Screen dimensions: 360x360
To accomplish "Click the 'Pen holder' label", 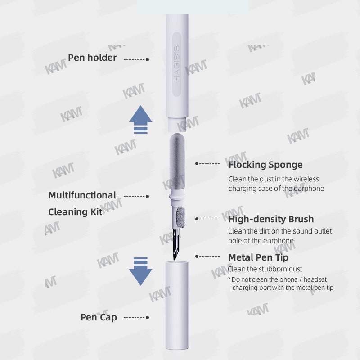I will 92,58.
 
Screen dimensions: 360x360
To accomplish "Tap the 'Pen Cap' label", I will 99,317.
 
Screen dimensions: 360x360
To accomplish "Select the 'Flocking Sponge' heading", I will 265,165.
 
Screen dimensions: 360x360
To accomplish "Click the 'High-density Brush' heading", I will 271,219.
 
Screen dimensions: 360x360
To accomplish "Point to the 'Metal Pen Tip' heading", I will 258,257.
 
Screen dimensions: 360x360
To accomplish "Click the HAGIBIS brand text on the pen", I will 177,66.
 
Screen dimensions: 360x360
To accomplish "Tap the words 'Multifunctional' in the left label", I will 82,195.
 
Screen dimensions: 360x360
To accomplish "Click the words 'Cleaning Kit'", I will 75,211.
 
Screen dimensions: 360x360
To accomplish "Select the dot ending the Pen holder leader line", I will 148,59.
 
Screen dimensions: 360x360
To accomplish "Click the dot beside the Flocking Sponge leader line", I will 197,164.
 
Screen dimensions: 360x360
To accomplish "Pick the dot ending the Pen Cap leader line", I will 148,318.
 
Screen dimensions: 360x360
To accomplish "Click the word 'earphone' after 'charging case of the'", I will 309,189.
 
